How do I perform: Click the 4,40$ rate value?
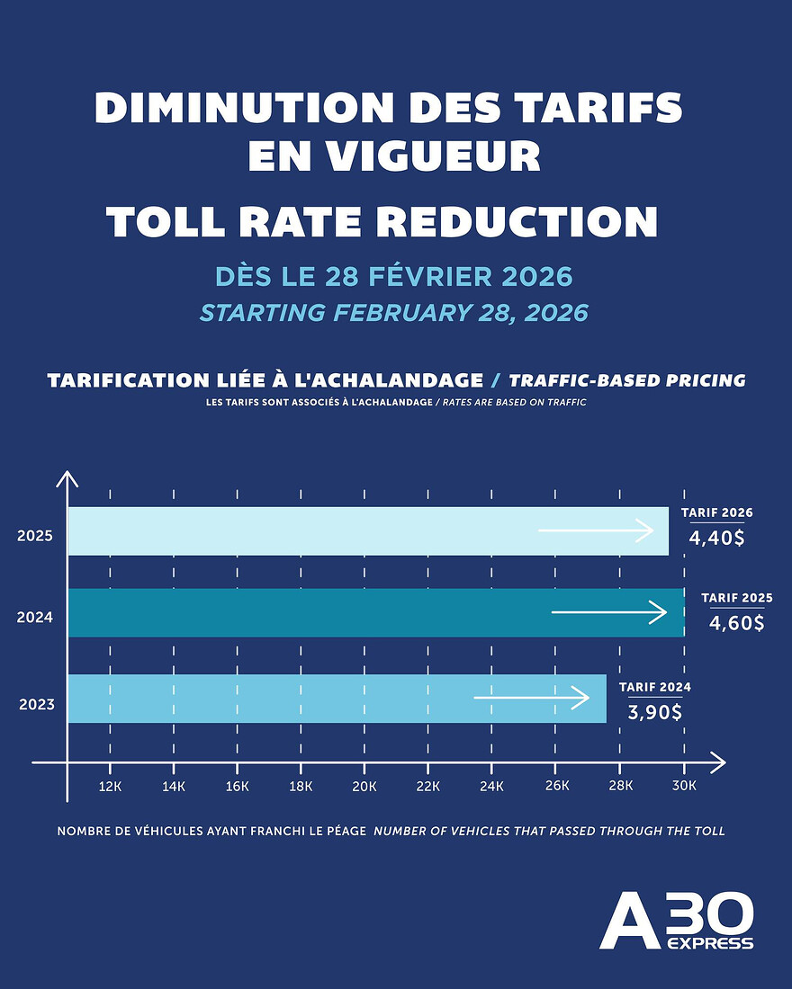(717, 538)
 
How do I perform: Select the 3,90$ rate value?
(655, 711)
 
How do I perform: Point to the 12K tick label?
(110, 786)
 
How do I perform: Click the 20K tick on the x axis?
(364, 786)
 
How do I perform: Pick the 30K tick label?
(684, 786)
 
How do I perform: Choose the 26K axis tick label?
(556, 786)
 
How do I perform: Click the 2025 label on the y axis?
(35, 536)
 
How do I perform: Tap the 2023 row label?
(37, 703)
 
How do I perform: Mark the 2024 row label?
(35, 618)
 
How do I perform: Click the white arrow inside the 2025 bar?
(596, 530)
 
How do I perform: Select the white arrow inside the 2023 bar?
(532, 698)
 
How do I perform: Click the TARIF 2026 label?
(717, 512)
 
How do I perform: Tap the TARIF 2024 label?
(655, 687)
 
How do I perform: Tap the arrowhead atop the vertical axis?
(67, 477)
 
